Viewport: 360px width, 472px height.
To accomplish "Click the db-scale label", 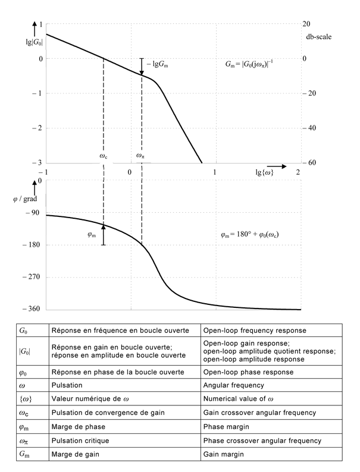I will point(319,36).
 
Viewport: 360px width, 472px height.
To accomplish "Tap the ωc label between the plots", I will point(103,156).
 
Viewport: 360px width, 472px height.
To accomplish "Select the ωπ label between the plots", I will point(140,156).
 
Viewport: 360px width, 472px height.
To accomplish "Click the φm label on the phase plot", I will point(92,234).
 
